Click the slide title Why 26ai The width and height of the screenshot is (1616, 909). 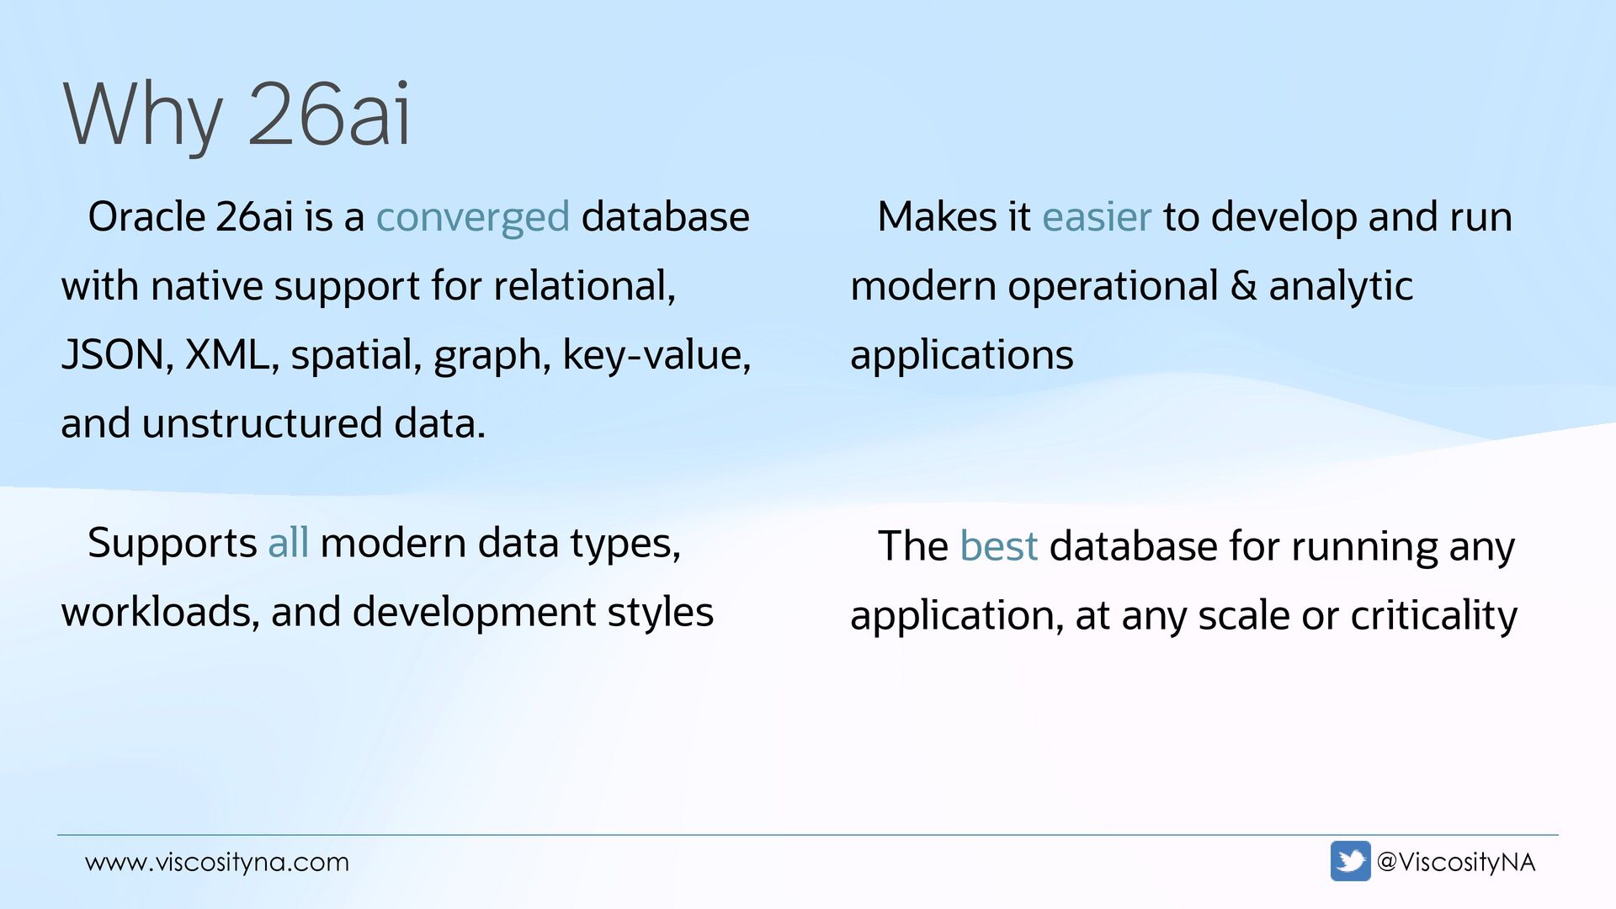tap(237, 115)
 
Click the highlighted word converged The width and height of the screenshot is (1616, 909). tap(472, 217)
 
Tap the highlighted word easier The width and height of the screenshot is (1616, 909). tap(1096, 217)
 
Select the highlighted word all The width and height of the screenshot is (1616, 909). tap(288, 543)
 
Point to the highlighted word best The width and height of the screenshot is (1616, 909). tap(998, 546)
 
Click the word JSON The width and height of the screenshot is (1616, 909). tap(112, 354)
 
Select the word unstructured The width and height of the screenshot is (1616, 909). tap(262, 423)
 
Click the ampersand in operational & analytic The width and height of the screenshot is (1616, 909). tap(1243, 286)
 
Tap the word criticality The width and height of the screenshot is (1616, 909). tap(1433, 615)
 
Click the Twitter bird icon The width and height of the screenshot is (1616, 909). tap(1350, 861)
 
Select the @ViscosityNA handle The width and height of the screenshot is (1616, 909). tap(1455, 862)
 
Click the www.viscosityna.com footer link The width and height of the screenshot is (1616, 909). tap(217, 862)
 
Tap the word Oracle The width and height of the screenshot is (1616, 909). tap(146, 217)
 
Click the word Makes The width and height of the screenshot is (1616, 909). tap(936, 217)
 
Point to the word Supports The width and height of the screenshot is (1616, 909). tap(172, 543)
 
